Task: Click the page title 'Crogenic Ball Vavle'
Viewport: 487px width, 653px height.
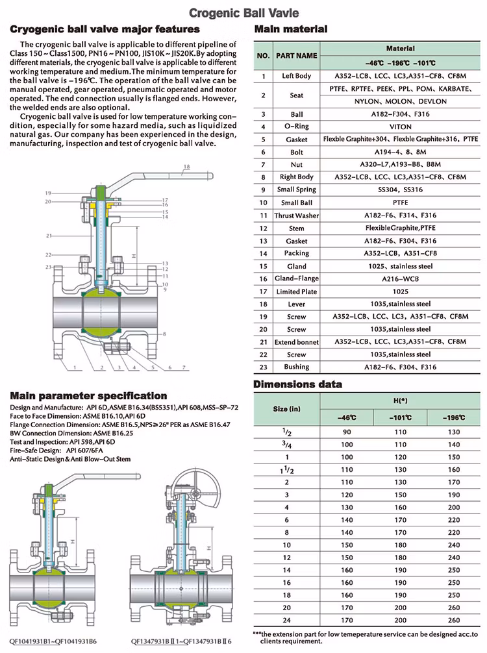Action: tap(243, 12)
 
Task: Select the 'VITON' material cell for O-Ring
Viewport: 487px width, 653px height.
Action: tap(400, 127)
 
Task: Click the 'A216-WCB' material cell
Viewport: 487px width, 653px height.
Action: tap(400, 278)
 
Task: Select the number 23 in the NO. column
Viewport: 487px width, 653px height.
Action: tap(264, 367)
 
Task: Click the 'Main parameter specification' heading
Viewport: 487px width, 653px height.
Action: tap(88, 396)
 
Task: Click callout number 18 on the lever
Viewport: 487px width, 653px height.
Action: tap(186, 167)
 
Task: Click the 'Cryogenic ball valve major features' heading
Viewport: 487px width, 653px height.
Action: tap(105, 29)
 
